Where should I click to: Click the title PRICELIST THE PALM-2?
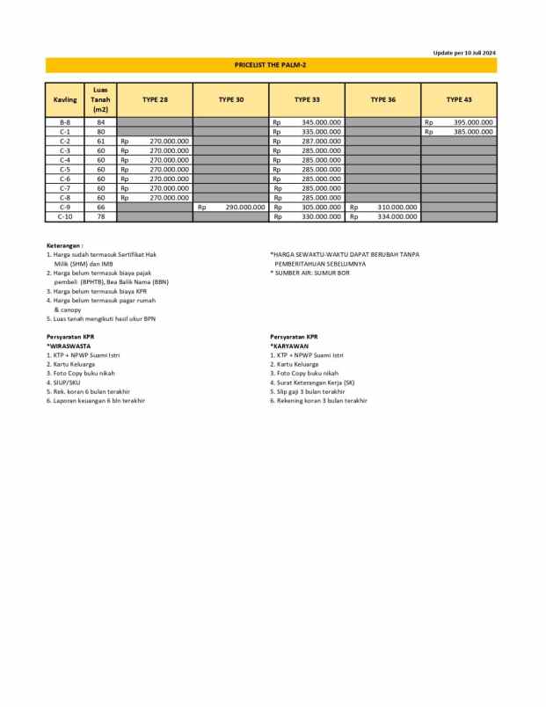pos(271,65)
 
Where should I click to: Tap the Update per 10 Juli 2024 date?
pos(464,53)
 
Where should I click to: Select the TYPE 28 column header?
pos(155,99)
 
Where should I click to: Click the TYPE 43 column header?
pos(459,99)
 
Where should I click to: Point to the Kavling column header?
pos(65,99)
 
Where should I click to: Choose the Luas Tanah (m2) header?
pos(100,99)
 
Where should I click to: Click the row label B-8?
pos(65,122)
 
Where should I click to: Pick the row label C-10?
pos(65,216)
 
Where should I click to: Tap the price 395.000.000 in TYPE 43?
pos(473,122)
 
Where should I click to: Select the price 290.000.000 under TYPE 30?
pos(245,207)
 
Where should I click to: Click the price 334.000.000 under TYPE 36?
pos(397,216)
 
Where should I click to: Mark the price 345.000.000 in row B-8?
pos(321,122)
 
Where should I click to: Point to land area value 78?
pos(100,216)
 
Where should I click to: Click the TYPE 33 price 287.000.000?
pos(321,141)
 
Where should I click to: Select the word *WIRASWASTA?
pos(69,346)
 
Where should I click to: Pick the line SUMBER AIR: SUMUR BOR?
pos(311,273)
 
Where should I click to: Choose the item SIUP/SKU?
pos(66,383)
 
